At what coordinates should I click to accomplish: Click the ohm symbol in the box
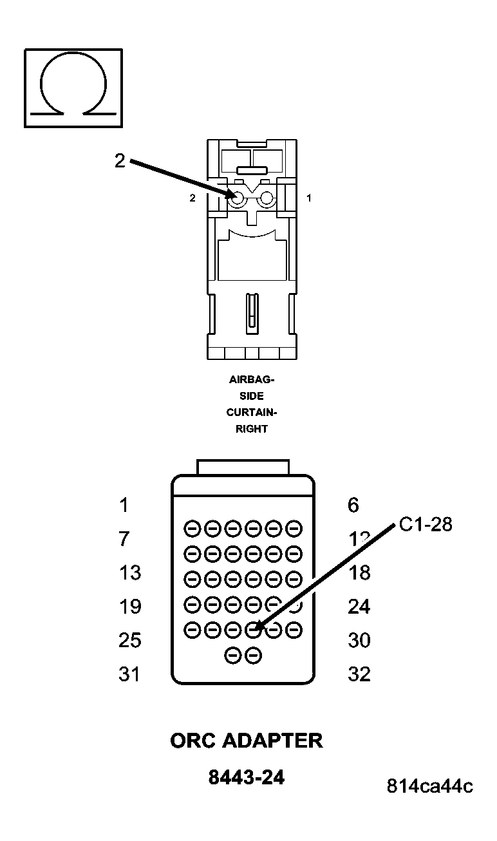73,86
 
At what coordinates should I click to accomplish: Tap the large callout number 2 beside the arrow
120,160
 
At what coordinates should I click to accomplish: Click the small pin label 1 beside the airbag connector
309,198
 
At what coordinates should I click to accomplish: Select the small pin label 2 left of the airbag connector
192,198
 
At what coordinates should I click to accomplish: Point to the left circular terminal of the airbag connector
237,200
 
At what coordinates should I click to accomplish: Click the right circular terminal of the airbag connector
265,200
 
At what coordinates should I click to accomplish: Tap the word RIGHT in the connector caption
251,428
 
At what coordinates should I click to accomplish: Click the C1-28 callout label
426,525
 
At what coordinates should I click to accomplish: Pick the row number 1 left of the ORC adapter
124,506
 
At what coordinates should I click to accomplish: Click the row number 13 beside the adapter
130,572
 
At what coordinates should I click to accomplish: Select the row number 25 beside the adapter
130,640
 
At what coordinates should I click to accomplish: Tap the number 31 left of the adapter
130,674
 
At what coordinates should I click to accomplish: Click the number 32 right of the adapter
359,674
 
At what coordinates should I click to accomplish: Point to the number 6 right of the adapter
353,506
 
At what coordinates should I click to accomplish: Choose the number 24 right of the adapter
359,607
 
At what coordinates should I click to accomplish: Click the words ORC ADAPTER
246,741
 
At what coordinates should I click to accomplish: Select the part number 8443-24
246,778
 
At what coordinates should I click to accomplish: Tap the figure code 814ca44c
429,786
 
